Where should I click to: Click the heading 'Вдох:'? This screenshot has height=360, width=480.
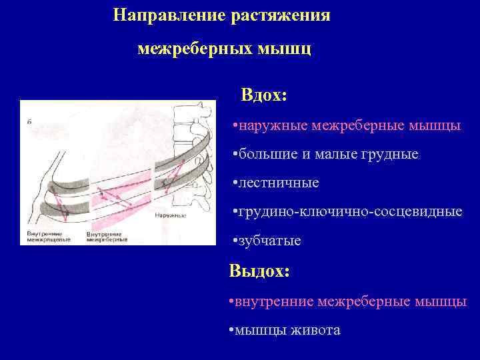tap(264, 95)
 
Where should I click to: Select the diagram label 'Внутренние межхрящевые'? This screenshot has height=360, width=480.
tap(45, 237)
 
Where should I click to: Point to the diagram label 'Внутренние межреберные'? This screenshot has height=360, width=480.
tap(107, 237)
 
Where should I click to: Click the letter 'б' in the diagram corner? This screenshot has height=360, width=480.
tap(29, 121)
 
